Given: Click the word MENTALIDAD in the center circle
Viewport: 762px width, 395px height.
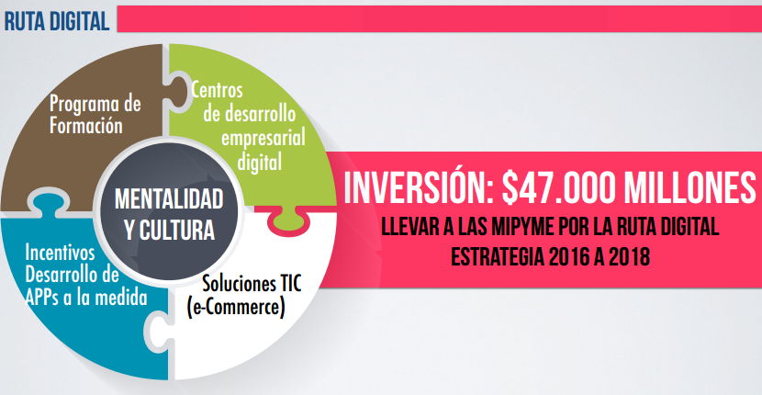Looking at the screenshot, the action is [169, 200].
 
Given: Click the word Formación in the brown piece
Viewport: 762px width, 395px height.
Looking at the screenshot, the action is [86, 126].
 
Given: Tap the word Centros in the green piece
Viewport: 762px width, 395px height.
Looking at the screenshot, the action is [217, 90].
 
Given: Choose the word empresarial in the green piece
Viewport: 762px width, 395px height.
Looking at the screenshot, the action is [263, 139].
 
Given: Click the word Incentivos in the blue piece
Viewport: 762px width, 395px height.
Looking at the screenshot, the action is [60, 253].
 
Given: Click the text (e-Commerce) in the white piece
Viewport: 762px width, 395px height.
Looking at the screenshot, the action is [236, 308].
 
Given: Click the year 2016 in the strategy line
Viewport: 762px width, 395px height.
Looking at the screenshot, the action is [568, 257].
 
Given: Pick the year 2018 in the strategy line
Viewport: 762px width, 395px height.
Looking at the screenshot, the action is [631, 257].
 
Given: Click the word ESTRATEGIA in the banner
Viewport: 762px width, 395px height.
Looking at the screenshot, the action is [498, 257].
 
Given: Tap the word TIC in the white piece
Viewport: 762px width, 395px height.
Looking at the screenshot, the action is [288, 284].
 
